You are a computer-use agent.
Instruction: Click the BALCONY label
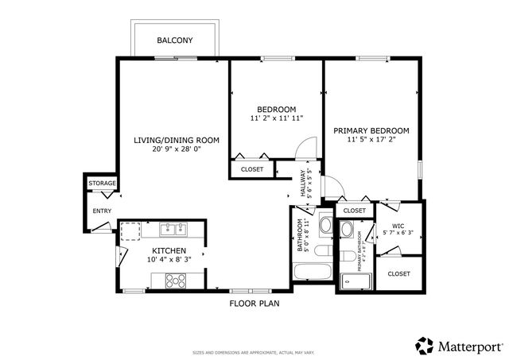tap(175, 40)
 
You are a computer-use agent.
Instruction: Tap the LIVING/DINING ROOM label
tap(176, 140)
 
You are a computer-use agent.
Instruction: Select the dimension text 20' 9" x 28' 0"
tap(176, 149)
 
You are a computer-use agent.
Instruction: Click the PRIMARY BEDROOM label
tap(371, 130)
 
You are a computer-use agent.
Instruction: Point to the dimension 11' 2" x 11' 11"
tap(276, 118)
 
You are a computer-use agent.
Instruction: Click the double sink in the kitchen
tap(173, 230)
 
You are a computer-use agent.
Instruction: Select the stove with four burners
tap(174, 280)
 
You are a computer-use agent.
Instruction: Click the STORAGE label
tap(102, 184)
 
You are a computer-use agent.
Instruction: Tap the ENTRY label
tap(102, 211)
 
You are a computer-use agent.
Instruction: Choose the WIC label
tap(398, 225)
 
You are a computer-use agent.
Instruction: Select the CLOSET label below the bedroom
tap(252, 169)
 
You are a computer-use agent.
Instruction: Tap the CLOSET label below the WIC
tap(398, 273)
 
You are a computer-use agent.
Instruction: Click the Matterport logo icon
tap(424, 346)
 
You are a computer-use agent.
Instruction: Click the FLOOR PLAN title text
tap(254, 303)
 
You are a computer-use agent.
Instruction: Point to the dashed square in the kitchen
tap(130, 231)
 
